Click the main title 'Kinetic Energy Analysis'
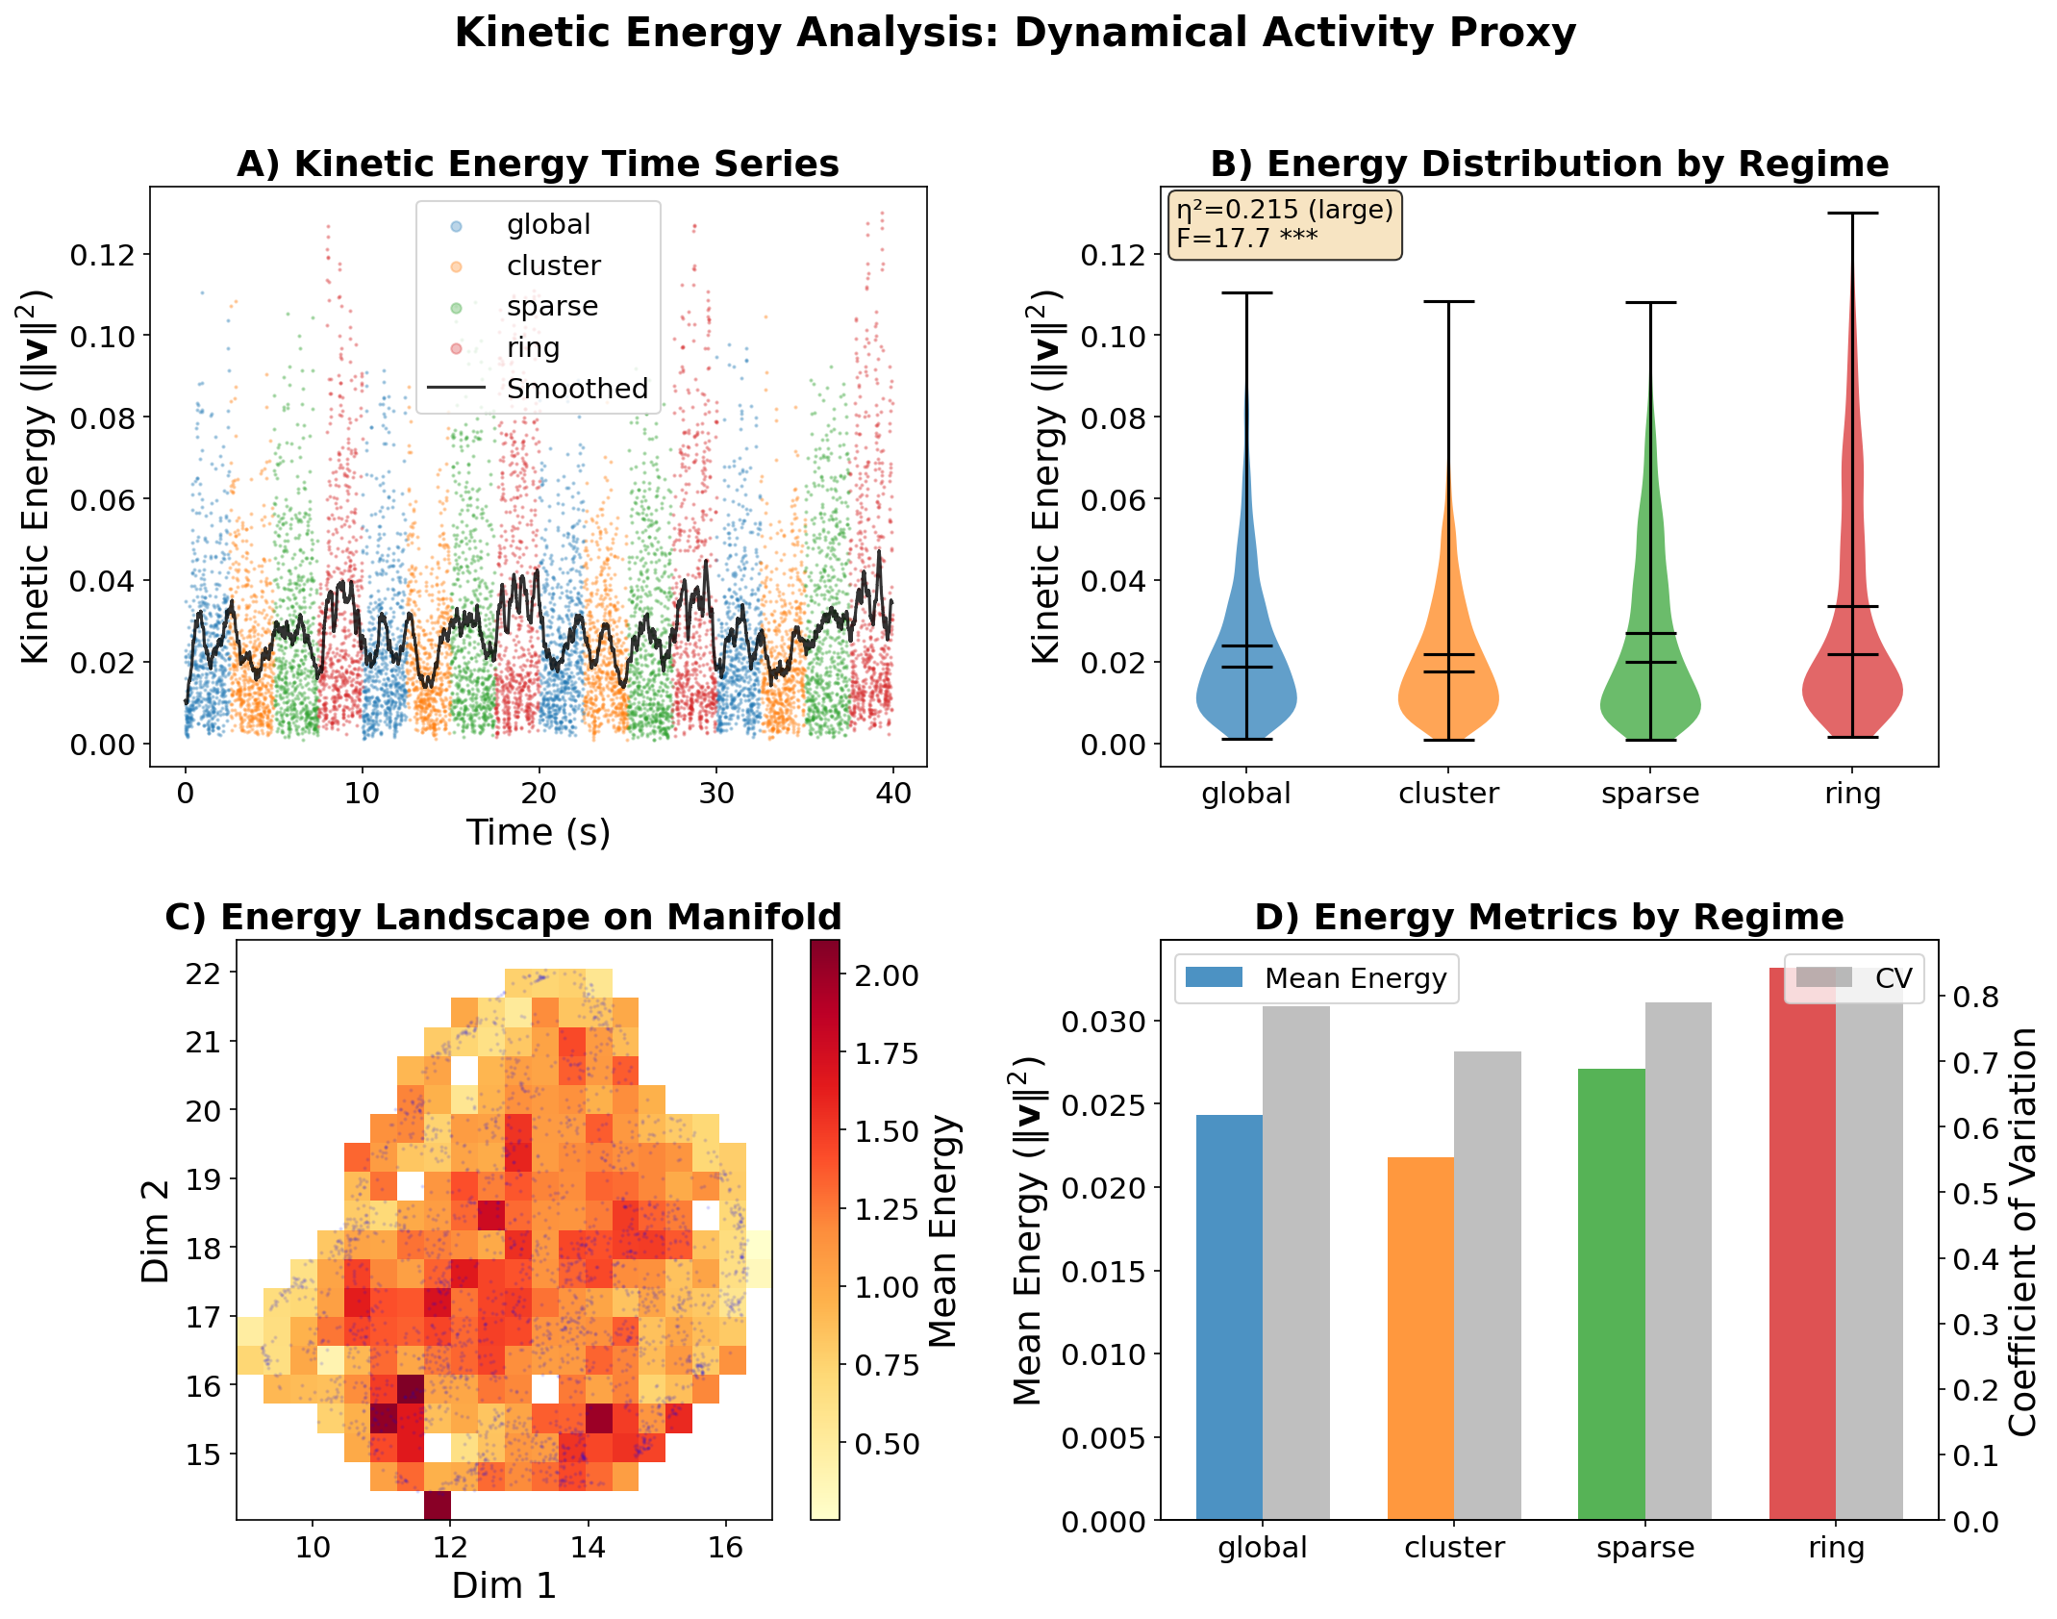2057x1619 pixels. (x=1015, y=34)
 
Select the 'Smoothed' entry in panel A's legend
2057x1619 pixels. (x=576, y=389)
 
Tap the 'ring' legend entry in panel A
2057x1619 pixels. (x=533, y=347)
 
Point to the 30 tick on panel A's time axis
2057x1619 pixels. (x=716, y=795)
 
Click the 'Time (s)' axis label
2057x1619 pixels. (x=539, y=833)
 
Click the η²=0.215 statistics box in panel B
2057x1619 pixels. (x=1284, y=224)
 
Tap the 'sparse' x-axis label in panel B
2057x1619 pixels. (x=1650, y=795)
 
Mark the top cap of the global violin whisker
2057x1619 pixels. (x=1246, y=292)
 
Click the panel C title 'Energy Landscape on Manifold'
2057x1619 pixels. (x=503, y=917)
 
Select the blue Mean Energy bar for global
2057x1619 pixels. (x=1229, y=1318)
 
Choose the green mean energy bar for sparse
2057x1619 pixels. (x=1611, y=1294)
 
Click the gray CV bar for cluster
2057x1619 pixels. (x=1487, y=1285)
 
